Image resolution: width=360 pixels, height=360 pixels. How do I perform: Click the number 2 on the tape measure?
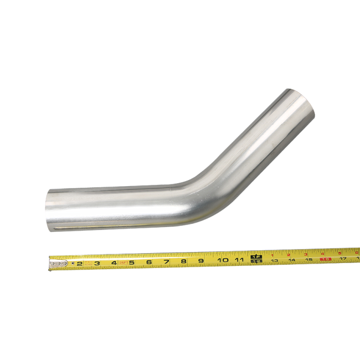click(79, 264)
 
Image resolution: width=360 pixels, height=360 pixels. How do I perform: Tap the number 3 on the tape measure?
click(96, 263)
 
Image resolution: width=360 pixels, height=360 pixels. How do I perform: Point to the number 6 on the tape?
click(149, 262)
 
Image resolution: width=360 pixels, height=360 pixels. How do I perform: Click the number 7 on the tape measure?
click(166, 261)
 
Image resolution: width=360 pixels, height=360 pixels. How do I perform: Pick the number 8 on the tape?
click(183, 261)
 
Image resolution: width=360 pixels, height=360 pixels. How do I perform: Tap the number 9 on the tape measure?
click(200, 260)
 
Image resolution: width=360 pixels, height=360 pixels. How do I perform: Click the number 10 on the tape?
click(223, 260)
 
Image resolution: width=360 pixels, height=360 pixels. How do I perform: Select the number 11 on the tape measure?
click(240, 259)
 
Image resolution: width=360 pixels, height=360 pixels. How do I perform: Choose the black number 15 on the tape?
click(308, 259)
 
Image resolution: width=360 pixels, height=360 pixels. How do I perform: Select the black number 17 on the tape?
click(343, 258)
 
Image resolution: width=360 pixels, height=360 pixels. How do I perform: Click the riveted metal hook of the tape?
click(57, 265)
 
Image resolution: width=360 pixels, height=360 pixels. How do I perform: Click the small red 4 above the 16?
click(322, 253)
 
